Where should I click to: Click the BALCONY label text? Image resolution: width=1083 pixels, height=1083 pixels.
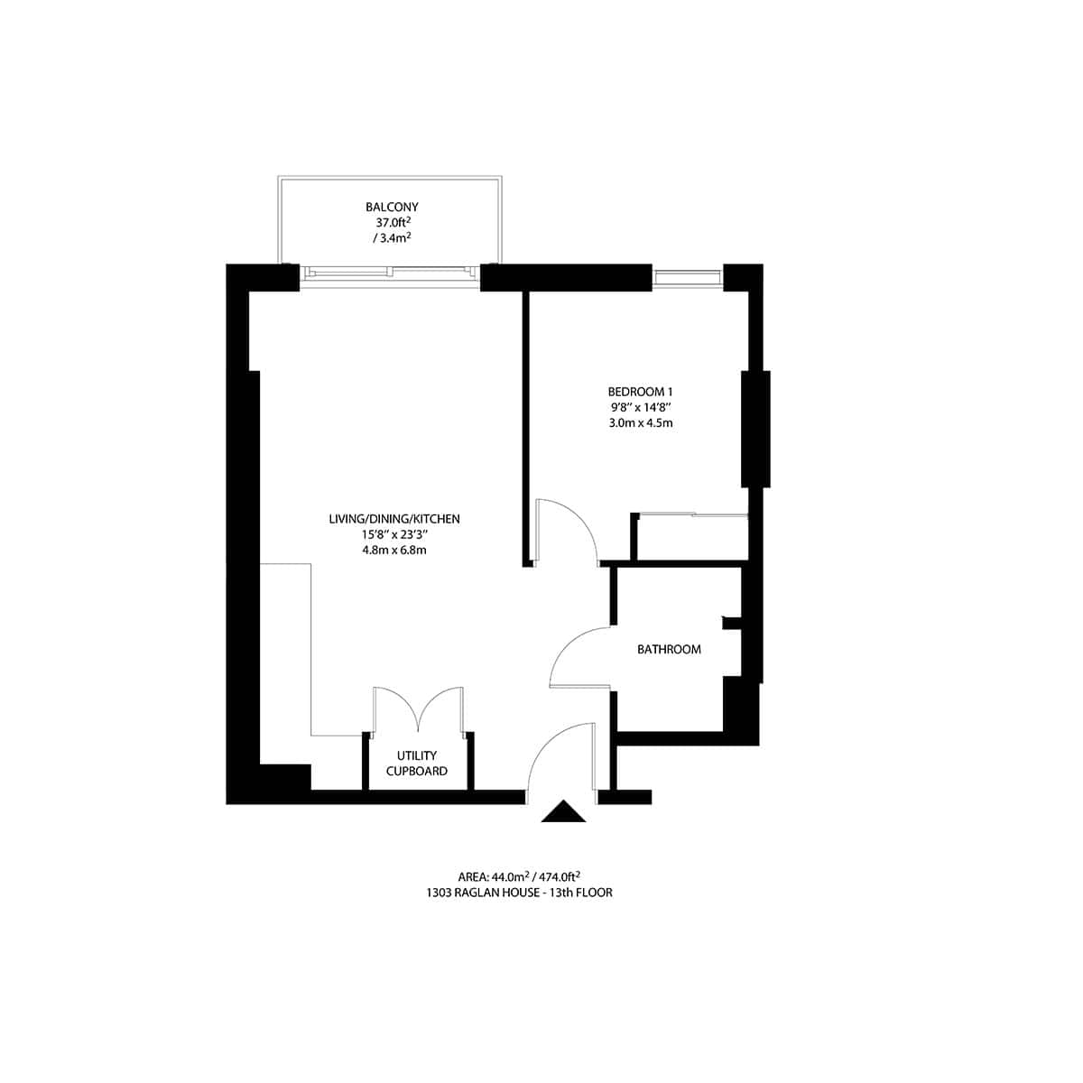click(392, 207)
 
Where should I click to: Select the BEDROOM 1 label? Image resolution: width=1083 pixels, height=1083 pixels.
click(640, 392)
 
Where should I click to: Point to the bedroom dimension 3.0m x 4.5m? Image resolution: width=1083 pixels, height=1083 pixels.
click(640, 422)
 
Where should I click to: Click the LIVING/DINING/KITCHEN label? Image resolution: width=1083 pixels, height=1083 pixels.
click(394, 519)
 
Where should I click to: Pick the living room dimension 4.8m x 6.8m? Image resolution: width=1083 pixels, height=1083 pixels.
click(394, 550)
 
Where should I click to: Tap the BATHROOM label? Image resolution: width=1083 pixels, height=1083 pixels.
click(669, 649)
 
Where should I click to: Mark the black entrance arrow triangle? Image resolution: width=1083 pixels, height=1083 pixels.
click(563, 812)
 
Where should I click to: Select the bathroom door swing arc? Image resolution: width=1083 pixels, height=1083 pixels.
click(578, 654)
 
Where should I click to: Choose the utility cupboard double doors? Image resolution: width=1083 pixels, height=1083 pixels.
click(418, 708)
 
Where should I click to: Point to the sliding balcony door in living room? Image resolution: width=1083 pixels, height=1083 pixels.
click(390, 271)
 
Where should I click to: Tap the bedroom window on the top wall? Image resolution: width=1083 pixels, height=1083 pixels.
click(688, 277)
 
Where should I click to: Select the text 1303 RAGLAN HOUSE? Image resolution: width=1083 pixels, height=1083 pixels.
click(501, 893)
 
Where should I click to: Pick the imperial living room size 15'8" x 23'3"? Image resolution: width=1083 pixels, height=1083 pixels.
click(394, 534)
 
